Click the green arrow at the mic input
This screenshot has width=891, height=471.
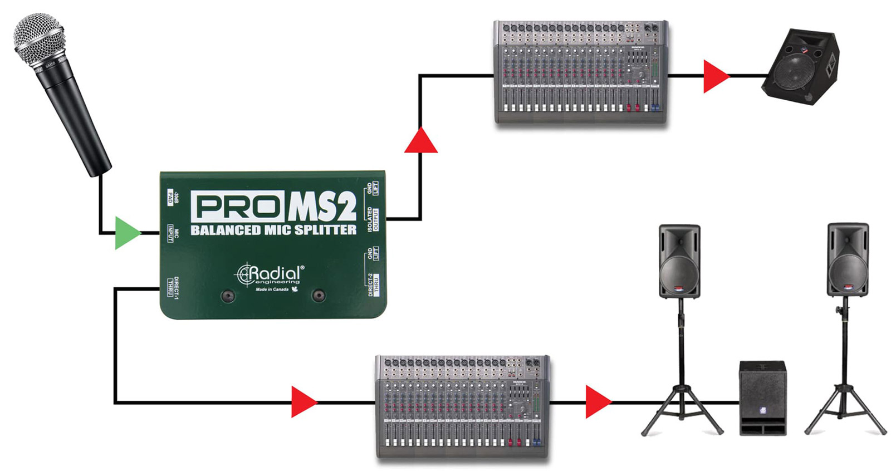pyautogui.click(x=127, y=233)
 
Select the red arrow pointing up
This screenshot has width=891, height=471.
pyautogui.click(x=420, y=141)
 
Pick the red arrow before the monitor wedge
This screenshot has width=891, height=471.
pyautogui.click(x=714, y=76)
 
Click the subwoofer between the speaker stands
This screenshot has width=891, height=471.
pyautogui.click(x=762, y=398)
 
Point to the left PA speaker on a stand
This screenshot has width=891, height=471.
pyautogui.click(x=679, y=261)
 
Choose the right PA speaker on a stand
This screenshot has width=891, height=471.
pyautogui.click(x=848, y=260)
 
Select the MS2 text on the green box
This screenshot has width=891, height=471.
pyautogui.click(x=322, y=207)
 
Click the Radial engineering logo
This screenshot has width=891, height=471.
pyautogui.click(x=271, y=275)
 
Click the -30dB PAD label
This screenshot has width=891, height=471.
pyautogui.click(x=173, y=197)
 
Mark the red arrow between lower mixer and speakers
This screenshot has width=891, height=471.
pyautogui.click(x=597, y=401)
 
